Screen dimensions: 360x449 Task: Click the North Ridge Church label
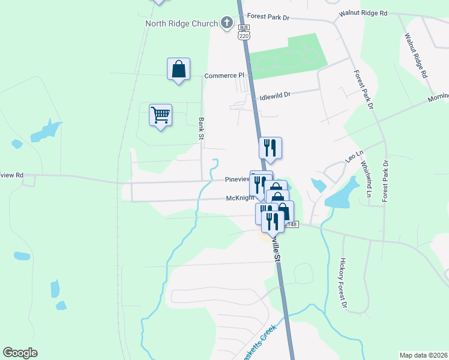coord(181,24)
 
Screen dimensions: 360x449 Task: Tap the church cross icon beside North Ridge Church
coord(227,24)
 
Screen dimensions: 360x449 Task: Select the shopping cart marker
coord(160,115)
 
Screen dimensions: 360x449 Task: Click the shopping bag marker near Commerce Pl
coord(178,69)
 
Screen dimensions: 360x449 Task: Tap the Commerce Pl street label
coord(225,76)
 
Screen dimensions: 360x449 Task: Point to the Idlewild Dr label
coord(274,95)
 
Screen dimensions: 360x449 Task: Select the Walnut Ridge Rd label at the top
coord(363,12)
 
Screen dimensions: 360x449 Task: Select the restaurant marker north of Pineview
coord(270,148)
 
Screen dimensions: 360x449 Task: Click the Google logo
coord(20,353)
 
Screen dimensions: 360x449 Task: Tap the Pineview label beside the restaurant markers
coord(237,179)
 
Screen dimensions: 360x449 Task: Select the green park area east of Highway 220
coord(288,57)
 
